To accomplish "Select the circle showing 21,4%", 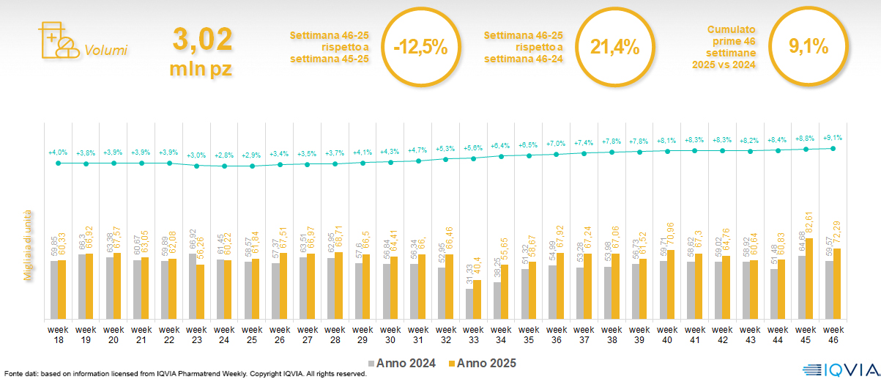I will click(x=614, y=48).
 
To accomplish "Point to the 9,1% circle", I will click(x=808, y=47).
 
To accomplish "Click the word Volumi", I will click(x=105, y=51).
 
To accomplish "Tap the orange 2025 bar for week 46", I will click(x=836, y=284).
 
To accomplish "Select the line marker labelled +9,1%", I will click(x=833, y=148).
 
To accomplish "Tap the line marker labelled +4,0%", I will click(x=58, y=163).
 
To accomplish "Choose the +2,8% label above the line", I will click(x=224, y=155).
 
